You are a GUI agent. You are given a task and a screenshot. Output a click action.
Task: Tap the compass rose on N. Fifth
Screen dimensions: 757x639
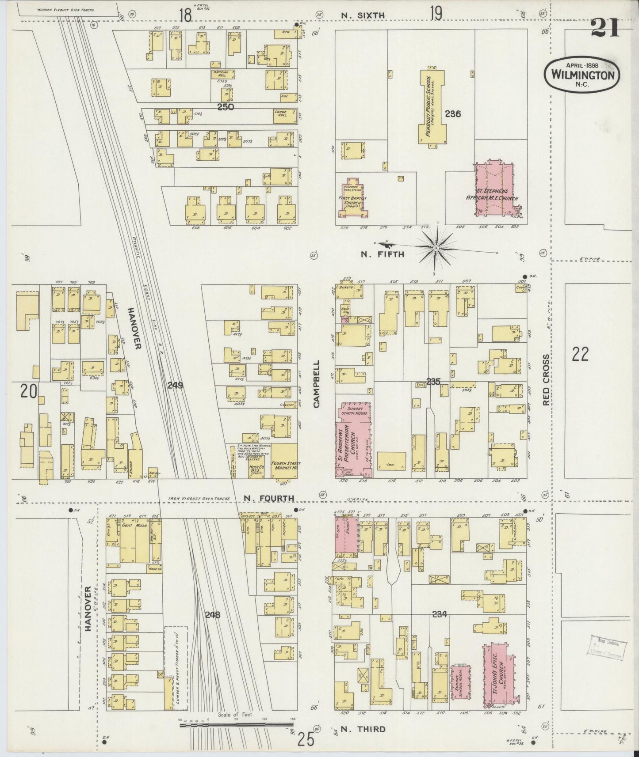coord(436,249)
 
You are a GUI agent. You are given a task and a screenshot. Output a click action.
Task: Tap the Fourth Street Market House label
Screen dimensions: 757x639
coord(285,464)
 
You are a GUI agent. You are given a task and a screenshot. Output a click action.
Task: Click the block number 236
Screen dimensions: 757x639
coord(453,114)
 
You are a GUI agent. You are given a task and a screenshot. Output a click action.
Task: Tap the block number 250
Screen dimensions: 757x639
coord(226,107)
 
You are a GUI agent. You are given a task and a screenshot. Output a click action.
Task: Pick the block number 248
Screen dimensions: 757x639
coord(212,613)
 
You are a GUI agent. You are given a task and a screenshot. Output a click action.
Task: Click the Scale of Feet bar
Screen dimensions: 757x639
coord(237,724)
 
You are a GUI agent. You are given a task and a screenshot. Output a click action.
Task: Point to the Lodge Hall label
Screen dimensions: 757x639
coord(281,114)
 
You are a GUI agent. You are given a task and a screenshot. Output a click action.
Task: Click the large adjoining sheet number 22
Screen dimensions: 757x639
coord(581,354)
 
